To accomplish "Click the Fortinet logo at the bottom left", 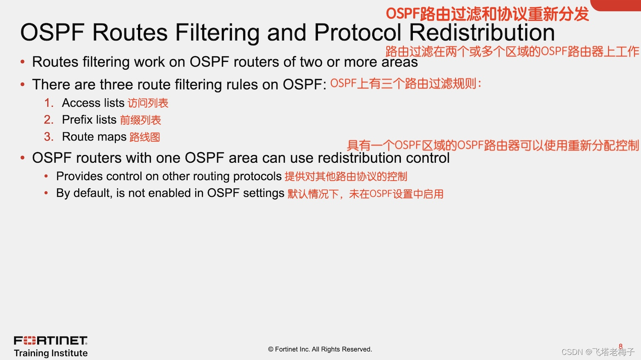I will [x=50, y=340].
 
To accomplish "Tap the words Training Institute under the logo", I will [x=50, y=353].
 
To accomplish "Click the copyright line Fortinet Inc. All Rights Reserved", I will [x=320, y=349].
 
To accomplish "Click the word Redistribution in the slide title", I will [x=482, y=32].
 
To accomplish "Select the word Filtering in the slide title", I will [x=218, y=32].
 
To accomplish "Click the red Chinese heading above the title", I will [x=487, y=14].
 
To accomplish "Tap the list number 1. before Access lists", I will [x=49, y=103].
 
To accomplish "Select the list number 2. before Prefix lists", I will [x=49, y=120].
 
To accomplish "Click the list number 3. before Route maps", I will [x=49, y=137].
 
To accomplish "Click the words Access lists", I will [x=93, y=103].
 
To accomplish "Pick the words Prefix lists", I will [x=89, y=120].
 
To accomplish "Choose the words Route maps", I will [x=94, y=137].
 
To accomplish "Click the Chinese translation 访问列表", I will [x=148, y=103].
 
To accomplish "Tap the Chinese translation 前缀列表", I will [x=140, y=120].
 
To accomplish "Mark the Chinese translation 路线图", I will [x=144, y=137].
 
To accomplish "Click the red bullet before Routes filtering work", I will [x=23, y=62].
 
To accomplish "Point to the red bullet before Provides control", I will [x=46, y=176].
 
